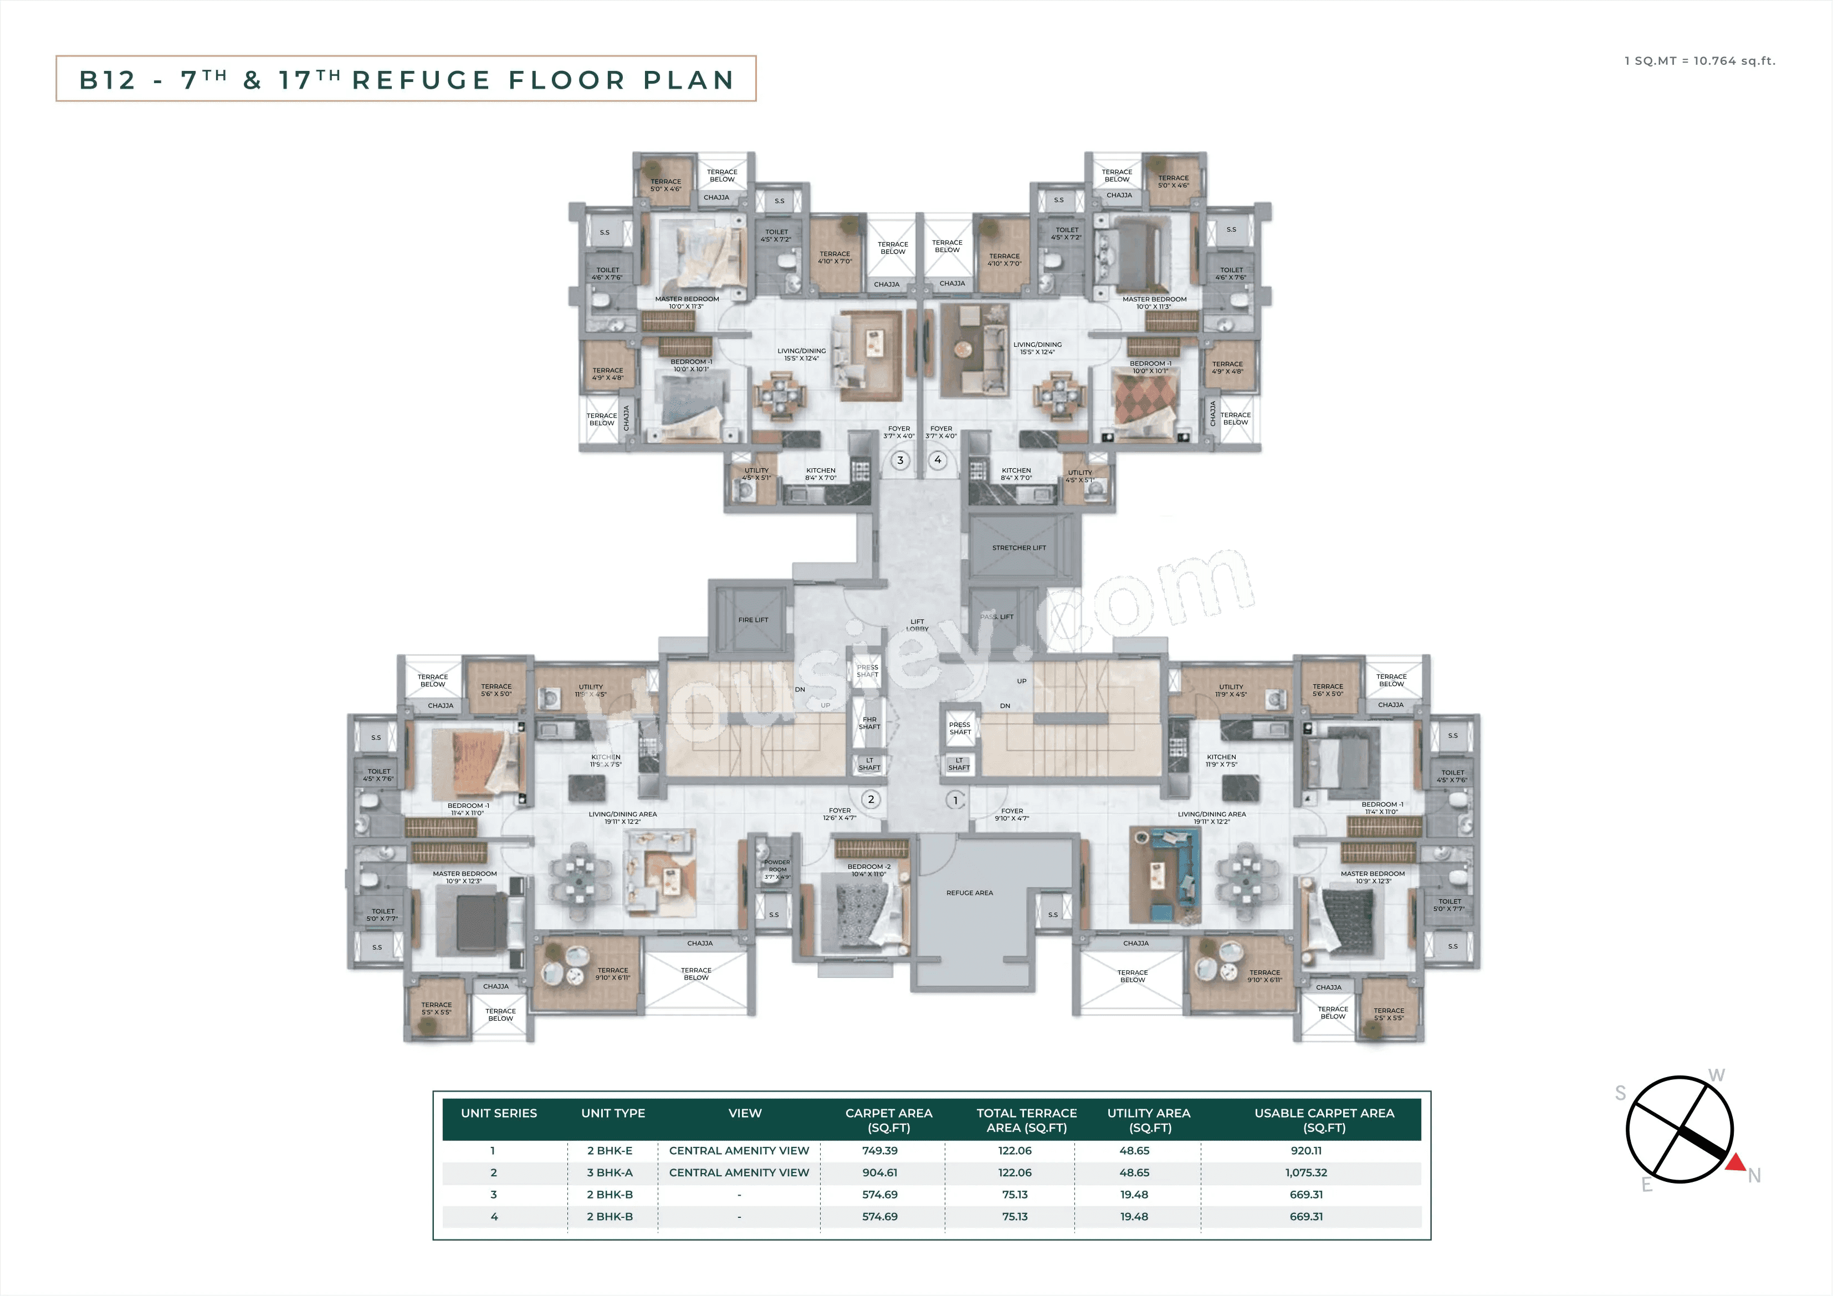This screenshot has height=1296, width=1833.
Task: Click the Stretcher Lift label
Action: tap(1018, 548)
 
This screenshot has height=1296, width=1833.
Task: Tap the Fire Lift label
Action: tap(753, 619)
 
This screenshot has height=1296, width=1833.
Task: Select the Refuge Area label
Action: tap(969, 893)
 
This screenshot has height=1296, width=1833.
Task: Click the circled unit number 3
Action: tap(900, 460)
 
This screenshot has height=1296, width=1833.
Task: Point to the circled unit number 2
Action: tap(871, 800)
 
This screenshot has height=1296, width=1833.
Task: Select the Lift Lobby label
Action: tap(917, 624)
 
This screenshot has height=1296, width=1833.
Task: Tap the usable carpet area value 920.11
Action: tap(1306, 1151)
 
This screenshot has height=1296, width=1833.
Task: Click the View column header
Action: tap(744, 1113)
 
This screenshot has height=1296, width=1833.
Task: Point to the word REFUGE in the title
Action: tap(421, 80)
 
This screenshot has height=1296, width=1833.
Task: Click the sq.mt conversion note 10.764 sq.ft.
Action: tap(1734, 61)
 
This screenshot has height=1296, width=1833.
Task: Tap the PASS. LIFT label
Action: tap(997, 617)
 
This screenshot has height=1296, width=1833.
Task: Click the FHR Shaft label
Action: tap(869, 723)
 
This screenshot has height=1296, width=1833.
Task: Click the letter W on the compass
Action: tap(1717, 1075)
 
